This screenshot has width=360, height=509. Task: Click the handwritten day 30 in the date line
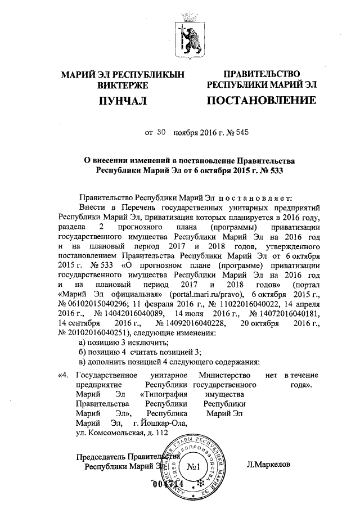(x=161, y=133)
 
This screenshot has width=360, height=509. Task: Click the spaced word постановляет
(x=256, y=197)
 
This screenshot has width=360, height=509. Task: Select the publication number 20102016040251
(x=98, y=335)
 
